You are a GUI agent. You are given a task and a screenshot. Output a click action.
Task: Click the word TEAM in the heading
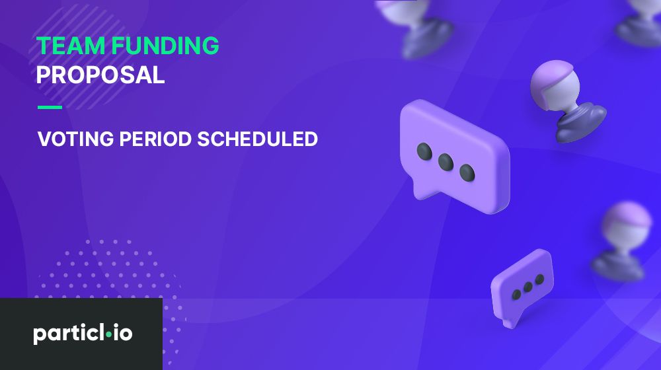[x=71, y=46]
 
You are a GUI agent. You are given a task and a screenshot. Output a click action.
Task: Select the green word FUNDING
[x=165, y=46]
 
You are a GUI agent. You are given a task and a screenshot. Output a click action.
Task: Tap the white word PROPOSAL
[x=100, y=75]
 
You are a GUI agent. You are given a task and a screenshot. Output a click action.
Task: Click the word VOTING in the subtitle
[x=76, y=139]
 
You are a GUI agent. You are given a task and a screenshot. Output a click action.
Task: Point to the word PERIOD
[x=155, y=139]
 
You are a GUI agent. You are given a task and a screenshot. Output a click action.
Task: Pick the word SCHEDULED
[x=258, y=139]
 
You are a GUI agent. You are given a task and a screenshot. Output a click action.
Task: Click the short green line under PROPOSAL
[x=50, y=107]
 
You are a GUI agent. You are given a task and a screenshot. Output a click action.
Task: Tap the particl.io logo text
[x=83, y=334]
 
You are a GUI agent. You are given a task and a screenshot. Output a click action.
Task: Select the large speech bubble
[x=455, y=155]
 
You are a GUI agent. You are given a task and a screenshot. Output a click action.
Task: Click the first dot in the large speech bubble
[x=424, y=151]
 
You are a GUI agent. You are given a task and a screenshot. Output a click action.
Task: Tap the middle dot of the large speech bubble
[x=446, y=161]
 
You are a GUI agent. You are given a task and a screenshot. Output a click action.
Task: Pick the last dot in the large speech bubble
[x=467, y=172]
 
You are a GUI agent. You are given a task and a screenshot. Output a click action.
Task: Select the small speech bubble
[x=522, y=287]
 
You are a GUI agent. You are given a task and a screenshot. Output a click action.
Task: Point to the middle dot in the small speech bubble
[x=527, y=287]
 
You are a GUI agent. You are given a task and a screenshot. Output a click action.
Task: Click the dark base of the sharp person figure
[x=582, y=122]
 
